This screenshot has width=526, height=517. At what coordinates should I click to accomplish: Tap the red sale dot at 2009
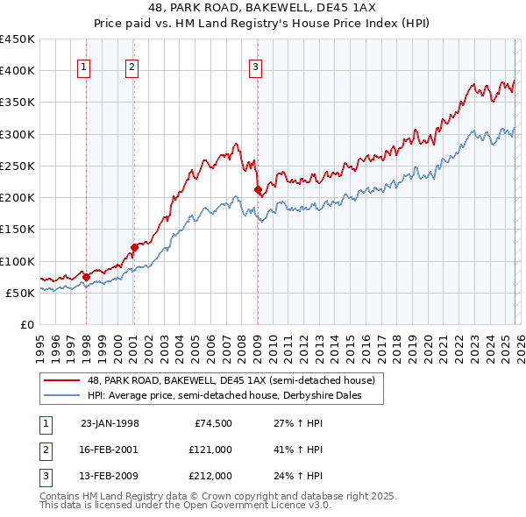[258, 190]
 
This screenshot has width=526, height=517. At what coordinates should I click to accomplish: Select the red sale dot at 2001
[134, 247]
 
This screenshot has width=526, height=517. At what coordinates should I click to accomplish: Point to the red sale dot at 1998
[87, 277]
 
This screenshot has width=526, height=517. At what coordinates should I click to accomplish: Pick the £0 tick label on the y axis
[28, 324]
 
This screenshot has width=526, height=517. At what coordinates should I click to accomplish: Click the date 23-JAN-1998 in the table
[110, 423]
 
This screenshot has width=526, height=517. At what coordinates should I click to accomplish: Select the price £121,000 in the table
[210, 450]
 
